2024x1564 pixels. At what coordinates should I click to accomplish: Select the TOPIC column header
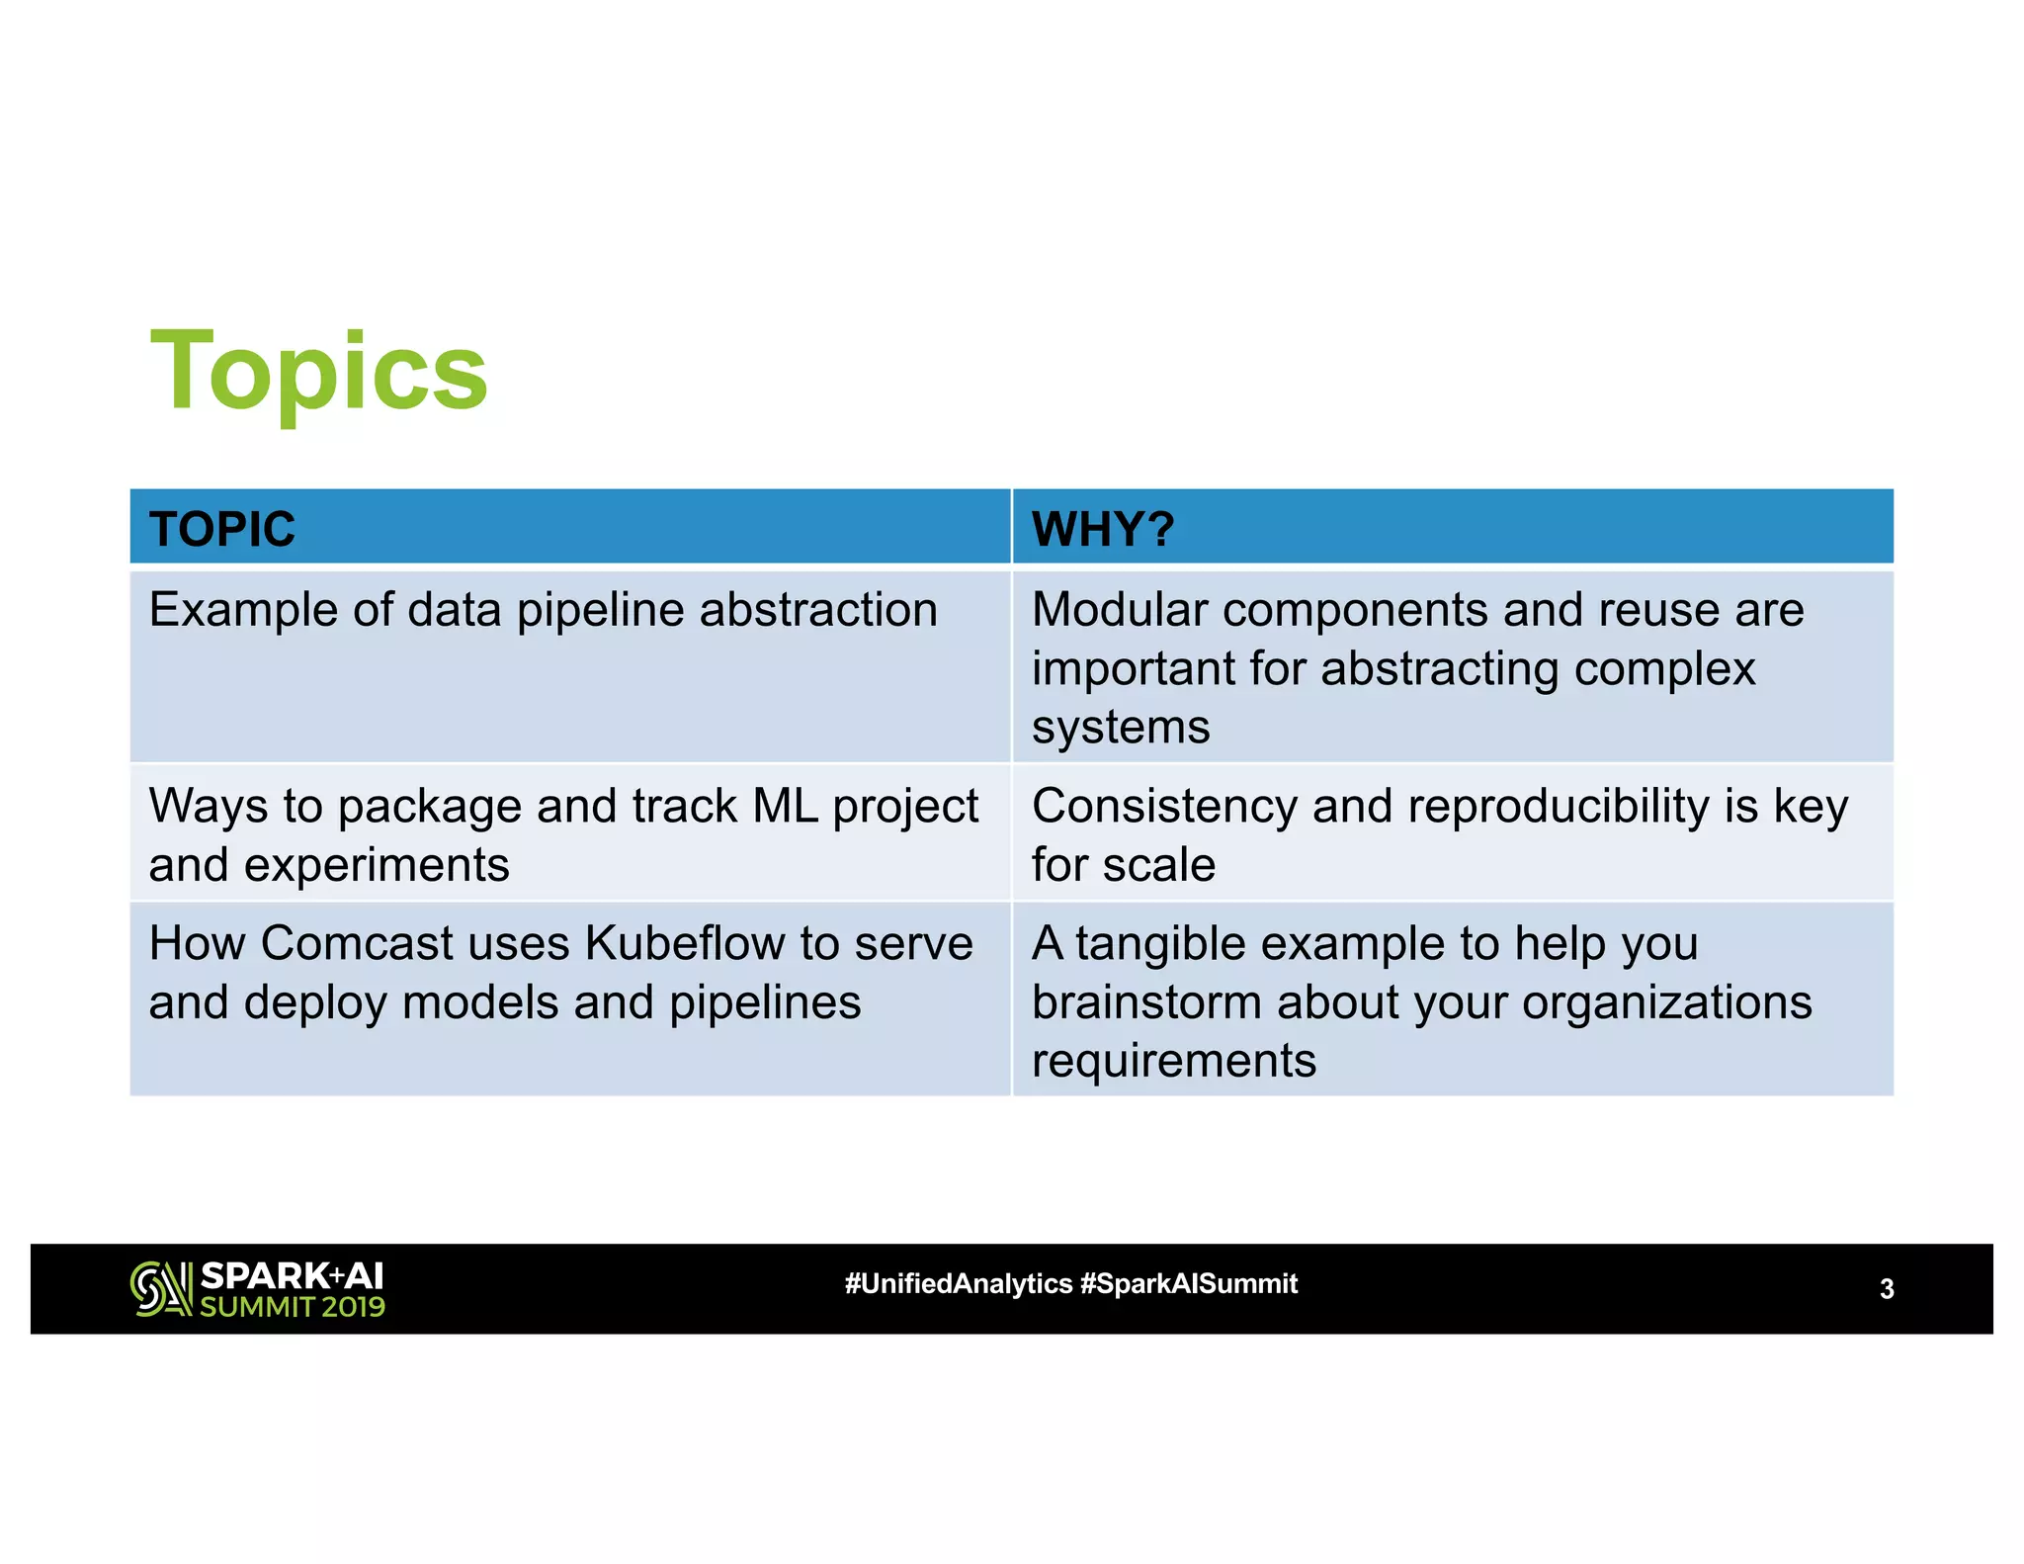(222, 529)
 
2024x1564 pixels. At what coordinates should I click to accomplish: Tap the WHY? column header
(1103, 529)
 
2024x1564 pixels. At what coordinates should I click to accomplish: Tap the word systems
(1120, 728)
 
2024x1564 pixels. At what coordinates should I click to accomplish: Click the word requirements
(1173, 1061)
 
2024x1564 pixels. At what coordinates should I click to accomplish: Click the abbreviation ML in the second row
(786, 806)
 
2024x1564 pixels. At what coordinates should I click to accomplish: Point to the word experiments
(377, 865)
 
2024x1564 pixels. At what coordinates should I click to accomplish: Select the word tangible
(1174, 943)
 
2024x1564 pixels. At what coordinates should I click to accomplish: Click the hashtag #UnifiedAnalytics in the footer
(958, 1283)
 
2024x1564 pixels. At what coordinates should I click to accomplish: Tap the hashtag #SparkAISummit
(1189, 1283)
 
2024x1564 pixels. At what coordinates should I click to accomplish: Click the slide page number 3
(1887, 1289)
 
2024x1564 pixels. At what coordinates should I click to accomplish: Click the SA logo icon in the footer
(161, 1289)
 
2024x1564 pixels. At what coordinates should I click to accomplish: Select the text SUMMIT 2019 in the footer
(293, 1307)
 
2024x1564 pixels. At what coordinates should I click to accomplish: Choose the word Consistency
(1164, 806)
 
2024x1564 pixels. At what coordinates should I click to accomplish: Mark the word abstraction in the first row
(818, 609)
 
